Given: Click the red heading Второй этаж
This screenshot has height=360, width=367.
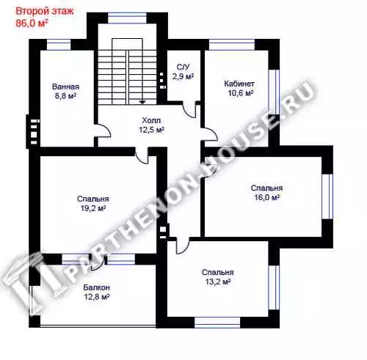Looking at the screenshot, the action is [x=45, y=11].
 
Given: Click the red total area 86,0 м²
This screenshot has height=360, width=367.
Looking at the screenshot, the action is [x=32, y=23].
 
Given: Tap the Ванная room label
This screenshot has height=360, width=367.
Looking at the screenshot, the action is [x=65, y=87].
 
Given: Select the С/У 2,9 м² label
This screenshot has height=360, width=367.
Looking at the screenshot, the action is [x=183, y=72].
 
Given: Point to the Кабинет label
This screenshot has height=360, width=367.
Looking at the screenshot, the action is [x=239, y=84].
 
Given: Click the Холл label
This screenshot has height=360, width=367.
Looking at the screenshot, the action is [x=151, y=120].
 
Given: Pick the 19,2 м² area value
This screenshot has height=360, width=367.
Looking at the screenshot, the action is [x=93, y=208].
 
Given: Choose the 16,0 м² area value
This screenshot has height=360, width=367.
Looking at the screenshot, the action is [x=266, y=197].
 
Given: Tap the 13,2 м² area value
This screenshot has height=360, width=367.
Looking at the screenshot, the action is [x=218, y=282].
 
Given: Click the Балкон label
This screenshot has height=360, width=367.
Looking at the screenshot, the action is [x=96, y=287].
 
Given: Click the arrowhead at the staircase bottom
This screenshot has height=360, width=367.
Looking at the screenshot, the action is [x=142, y=102].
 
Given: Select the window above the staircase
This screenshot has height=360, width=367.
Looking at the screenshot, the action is [x=127, y=18].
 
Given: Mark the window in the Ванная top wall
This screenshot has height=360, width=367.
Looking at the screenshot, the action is [x=59, y=45].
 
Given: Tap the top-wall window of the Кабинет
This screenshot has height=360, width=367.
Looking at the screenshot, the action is [x=232, y=45].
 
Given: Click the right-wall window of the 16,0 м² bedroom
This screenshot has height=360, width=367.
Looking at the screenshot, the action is [x=327, y=196].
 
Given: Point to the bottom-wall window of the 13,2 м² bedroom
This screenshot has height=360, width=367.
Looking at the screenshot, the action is [x=217, y=323].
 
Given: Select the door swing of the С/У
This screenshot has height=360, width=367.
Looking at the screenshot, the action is [x=189, y=111].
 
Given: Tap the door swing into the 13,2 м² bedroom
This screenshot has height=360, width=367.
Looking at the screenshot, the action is [x=182, y=246].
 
